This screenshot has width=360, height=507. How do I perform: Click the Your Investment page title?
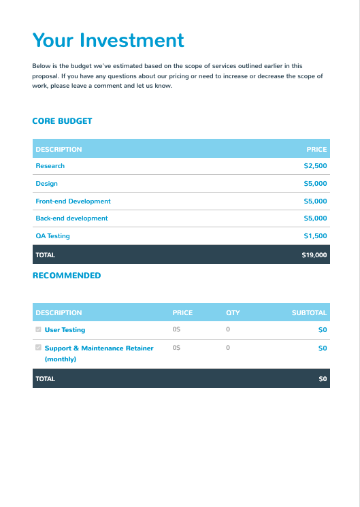[x=108, y=40]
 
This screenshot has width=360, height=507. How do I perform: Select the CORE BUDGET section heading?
[x=62, y=121]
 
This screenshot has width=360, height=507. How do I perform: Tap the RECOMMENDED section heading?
[x=67, y=276]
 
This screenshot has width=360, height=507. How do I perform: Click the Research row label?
[x=50, y=166]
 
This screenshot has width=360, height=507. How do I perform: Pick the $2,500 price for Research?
[x=315, y=166]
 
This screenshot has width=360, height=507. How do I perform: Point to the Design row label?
[x=46, y=184]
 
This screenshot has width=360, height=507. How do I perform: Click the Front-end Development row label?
[x=73, y=201]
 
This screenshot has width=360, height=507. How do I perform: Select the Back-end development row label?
[x=71, y=218]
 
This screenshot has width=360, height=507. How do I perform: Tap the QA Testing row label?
[x=52, y=236]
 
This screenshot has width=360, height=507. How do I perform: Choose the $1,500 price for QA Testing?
[x=315, y=236]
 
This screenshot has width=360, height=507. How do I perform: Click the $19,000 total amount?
[x=314, y=255]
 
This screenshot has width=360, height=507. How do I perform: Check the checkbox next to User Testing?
[x=38, y=329]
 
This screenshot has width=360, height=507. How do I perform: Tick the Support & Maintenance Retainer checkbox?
[x=38, y=347]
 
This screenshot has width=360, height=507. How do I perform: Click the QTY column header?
[x=233, y=313]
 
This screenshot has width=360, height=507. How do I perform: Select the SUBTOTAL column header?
[x=309, y=313]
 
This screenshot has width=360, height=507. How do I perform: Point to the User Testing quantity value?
[x=228, y=329]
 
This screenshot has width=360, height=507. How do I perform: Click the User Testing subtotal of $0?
[x=323, y=330]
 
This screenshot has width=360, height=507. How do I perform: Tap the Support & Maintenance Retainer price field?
[x=176, y=347]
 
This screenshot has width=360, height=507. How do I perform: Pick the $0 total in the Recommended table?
[x=323, y=379]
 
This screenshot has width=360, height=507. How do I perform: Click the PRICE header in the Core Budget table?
[x=316, y=150]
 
